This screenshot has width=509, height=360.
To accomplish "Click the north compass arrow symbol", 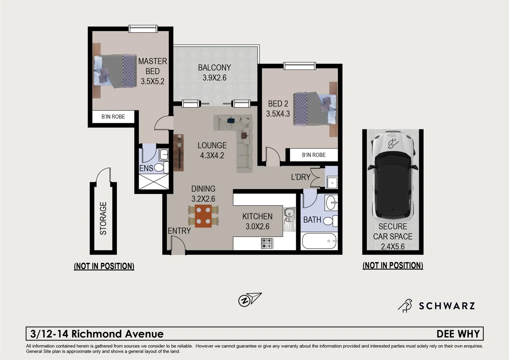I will click(250, 299).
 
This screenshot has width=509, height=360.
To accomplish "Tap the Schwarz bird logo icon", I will click(405, 305).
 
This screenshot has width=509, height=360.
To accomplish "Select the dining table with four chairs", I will click(203, 216).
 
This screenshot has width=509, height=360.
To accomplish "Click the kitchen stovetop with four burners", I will click(267, 243).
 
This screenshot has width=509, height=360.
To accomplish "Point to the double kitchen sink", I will click(289, 215).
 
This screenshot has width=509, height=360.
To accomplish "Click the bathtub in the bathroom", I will click(319, 241).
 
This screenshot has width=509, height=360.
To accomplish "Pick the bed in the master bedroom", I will click(115, 71).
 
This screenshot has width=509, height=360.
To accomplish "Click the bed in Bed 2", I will click(315, 109).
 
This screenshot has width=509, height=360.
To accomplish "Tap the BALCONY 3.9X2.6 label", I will click(214, 72).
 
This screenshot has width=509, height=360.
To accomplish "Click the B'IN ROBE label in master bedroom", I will click(113, 117).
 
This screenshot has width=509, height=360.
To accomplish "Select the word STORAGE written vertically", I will click(103, 218).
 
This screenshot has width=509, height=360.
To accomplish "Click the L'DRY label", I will click(300, 177).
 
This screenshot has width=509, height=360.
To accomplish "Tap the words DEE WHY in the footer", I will click(458, 334).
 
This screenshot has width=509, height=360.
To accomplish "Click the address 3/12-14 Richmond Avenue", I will click(97, 334).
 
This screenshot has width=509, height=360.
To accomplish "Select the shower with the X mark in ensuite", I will click(154, 182).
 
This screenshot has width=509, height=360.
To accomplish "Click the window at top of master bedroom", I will click(143, 29).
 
